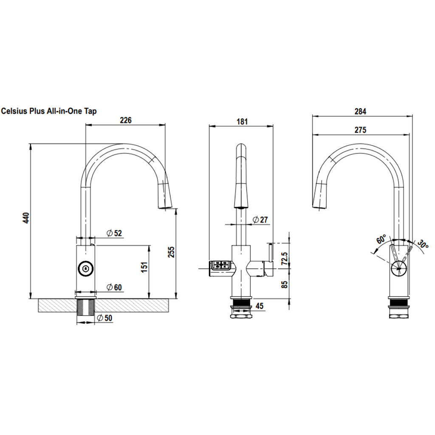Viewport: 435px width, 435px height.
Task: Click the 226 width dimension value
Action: click(125, 120)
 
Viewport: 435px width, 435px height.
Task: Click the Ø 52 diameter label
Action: click(114, 233)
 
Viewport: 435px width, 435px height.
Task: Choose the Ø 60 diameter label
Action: click(114, 288)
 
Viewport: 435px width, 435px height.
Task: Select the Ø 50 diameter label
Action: click(106, 318)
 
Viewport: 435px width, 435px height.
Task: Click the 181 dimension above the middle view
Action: click(242, 121)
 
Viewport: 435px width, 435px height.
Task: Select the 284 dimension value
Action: click(360, 111)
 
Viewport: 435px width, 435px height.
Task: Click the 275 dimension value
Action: click(360, 130)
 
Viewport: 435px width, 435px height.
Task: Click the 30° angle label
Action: click(423, 244)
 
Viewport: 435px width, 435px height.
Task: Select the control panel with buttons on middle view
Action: click(220, 266)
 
